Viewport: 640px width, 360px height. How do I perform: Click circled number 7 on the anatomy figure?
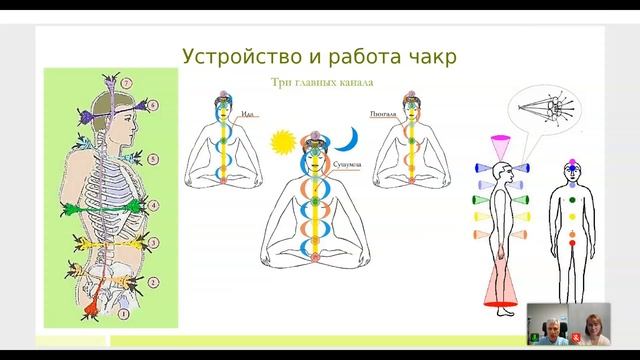coord(127,81)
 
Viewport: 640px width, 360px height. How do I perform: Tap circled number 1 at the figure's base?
coord(124,315)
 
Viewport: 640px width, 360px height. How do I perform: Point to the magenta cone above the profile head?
coord(500,140)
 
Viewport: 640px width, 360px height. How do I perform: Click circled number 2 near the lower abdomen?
coord(153,282)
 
